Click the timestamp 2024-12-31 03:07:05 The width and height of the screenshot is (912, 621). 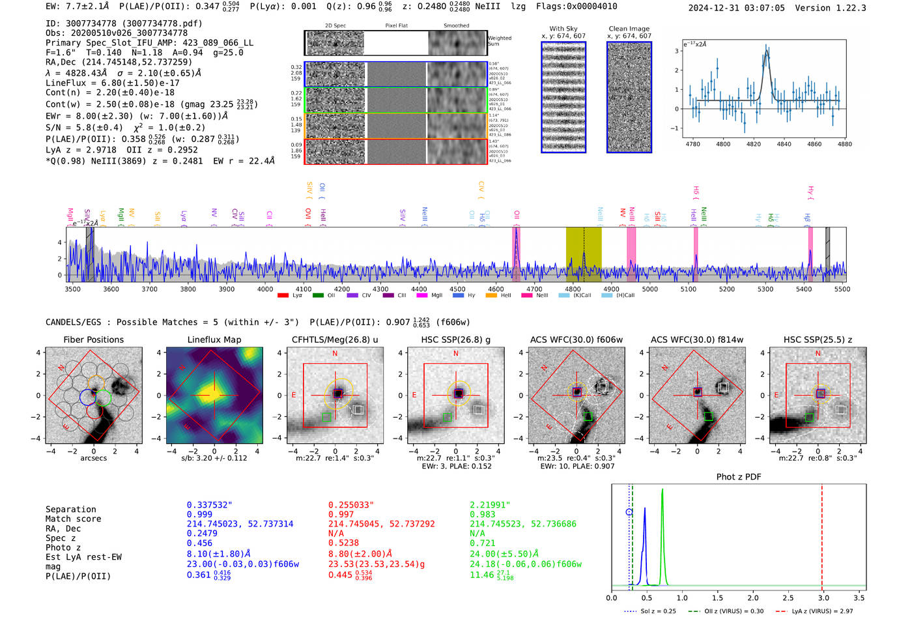pyautogui.click(x=736, y=8)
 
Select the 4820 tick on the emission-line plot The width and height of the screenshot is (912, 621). pyautogui.click(x=753, y=144)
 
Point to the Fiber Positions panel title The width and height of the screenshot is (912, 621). pyautogui.click(x=93, y=339)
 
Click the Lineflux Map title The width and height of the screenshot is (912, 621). pyautogui.click(x=214, y=339)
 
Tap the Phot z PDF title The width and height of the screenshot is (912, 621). pyautogui.click(x=738, y=477)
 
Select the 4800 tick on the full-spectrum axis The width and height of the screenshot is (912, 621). pyautogui.click(x=573, y=289)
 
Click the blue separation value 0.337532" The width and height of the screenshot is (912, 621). pyautogui.click(x=209, y=505)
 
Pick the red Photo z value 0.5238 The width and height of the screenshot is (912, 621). pyautogui.click(x=343, y=543)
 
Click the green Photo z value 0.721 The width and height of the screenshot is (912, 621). pyautogui.click(x=482, y=543)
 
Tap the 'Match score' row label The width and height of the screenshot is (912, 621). pyautogui.click(x=73, y=519)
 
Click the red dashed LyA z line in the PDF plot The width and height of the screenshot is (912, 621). pyautogui.click(x=821, y=534)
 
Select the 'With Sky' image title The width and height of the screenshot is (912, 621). pyautogui.click(x=563, y=29)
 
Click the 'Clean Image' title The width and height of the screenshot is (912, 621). pyautogui.click(x=629, y=29)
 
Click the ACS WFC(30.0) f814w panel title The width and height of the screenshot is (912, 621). pyautogui.click(x=696, y=339)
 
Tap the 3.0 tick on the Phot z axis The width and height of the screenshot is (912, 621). pyautogui.click(x=823, y=598)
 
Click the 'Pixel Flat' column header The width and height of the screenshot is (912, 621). pyautogui.click(x=396, y=26)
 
